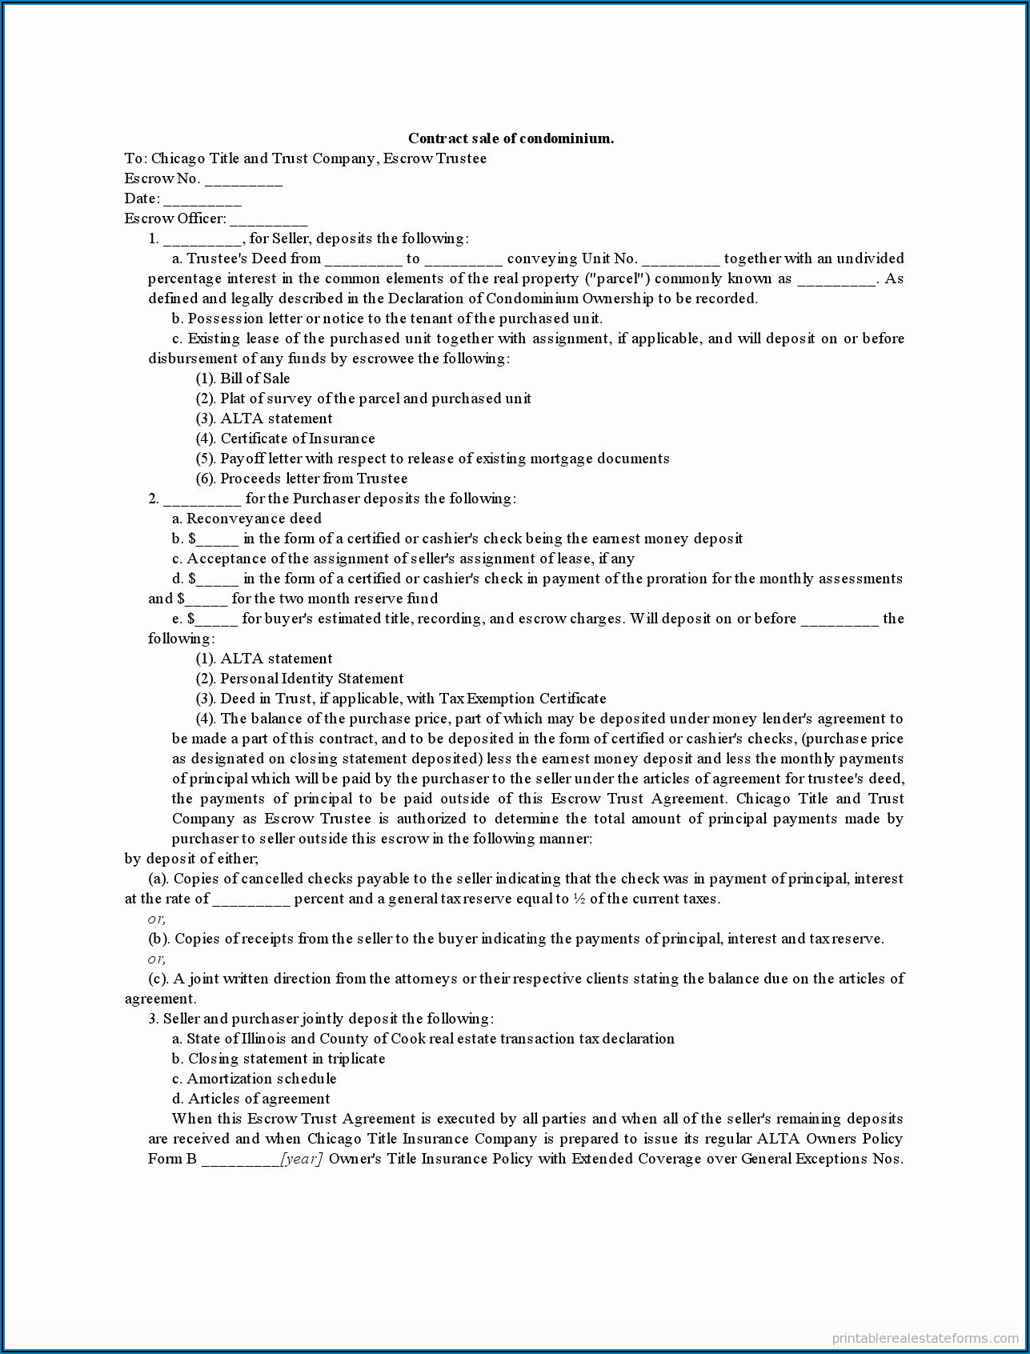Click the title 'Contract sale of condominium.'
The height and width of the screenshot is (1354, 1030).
click(x=511, y=138)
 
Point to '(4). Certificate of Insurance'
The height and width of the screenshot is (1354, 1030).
click(x=285, y=439)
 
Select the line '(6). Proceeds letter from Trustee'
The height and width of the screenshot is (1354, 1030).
click(x=302, y=479)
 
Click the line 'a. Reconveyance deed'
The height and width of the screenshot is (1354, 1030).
click(x=246, y=519)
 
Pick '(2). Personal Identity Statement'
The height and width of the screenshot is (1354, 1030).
click(x=299, y=679)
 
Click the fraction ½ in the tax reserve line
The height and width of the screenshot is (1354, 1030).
click(x=579, y=899)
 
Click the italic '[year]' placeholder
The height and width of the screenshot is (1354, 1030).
click(x=301, y=1159)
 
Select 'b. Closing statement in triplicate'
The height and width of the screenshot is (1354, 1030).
click(x=279, y=1059)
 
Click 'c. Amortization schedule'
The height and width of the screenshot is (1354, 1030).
click(x=254, y=1079)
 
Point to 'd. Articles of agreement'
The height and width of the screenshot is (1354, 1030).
click(x=250, y=1099)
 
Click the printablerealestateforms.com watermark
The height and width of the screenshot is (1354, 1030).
click(x=925, y=1337)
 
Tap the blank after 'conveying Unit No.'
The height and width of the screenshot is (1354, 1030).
click(x=681, y=260)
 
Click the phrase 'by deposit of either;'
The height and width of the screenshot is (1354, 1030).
click(x=191, y=859)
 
